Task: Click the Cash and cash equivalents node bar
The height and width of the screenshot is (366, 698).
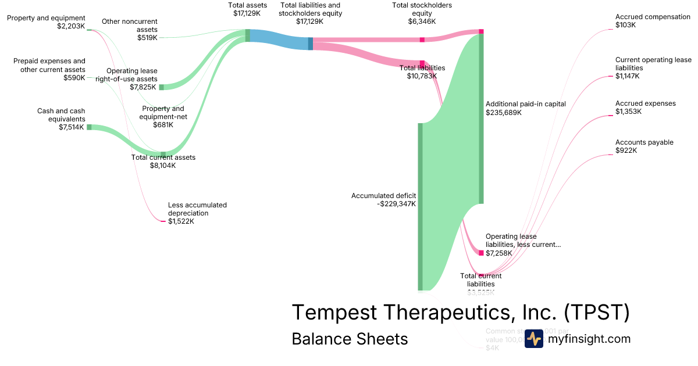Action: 89,127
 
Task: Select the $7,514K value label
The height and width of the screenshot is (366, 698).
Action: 72,127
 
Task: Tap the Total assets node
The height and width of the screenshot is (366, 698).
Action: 247,35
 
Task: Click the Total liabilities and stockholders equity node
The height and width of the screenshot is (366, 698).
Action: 311,44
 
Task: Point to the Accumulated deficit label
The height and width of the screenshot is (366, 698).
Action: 383,196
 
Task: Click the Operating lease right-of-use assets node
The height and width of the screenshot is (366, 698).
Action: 162,87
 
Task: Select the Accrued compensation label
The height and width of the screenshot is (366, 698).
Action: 653,17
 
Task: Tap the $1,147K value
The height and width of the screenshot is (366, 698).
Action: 628,76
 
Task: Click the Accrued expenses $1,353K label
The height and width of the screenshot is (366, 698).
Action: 646,107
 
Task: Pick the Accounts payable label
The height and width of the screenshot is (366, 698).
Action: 644,142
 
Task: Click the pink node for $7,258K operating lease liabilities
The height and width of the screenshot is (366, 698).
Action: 481,253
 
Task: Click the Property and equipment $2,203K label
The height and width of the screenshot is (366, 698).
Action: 46,22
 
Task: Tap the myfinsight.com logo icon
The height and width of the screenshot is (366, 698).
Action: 533,339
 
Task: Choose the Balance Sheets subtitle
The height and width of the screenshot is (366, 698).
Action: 350,339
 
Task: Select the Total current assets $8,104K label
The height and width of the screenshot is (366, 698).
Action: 163,161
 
